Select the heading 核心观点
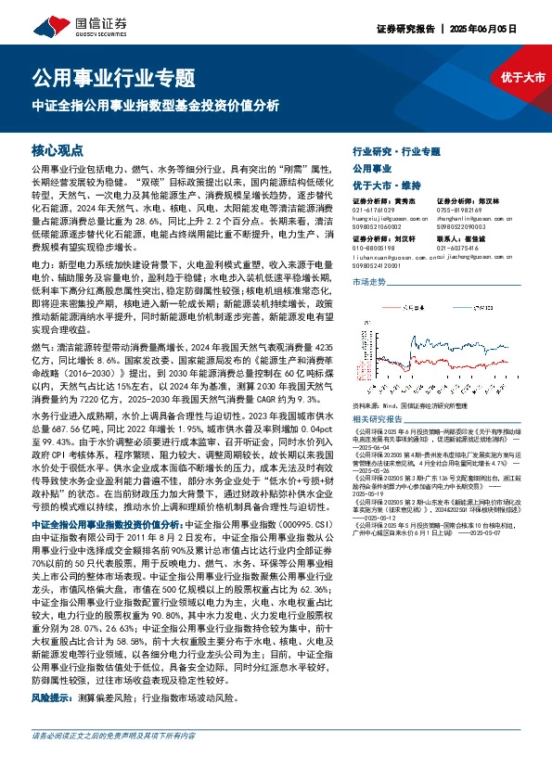tap(58, 150)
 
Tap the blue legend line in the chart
tap(462, 307)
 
